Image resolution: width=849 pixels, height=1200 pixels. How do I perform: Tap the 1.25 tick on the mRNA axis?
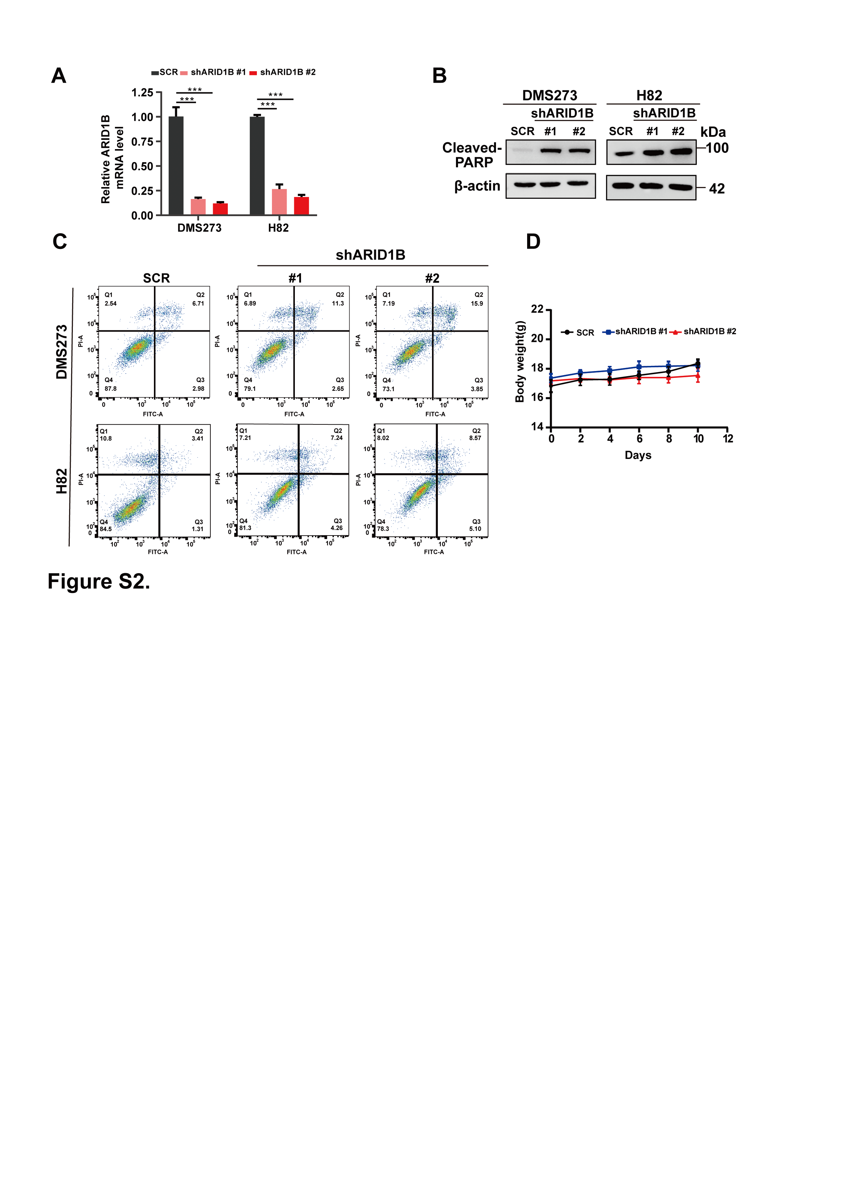coord(142,93)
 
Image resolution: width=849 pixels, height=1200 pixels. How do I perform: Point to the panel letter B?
coord(439,76)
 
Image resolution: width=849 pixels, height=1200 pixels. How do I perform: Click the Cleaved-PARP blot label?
coord(472,155)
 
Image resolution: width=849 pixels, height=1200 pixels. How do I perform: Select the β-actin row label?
coord(477,186)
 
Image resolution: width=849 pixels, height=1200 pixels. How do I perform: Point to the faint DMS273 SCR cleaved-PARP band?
coord(522,150)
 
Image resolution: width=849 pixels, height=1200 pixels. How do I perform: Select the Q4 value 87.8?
coord(110,389)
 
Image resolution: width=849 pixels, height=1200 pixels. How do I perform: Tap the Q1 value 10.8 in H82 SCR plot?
coord(106,438)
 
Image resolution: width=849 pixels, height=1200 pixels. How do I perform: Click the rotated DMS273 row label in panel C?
coord(62,352)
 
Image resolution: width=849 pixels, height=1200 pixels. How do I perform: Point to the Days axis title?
coord(638,455)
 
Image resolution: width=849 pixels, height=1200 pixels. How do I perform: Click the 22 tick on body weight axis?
coord(537,309)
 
